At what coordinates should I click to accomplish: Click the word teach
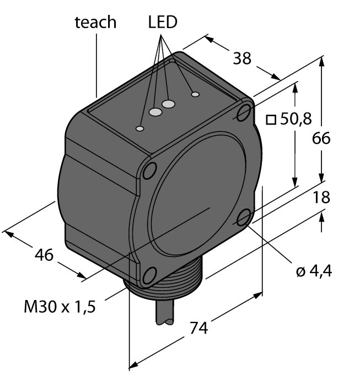pos(95,22)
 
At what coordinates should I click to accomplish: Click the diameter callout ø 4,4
pos(314,271)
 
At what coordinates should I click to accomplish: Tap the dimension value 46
pos(44,255)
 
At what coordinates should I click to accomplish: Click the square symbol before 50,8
pos(270,119)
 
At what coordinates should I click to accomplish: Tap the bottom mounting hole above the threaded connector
pos(147,275)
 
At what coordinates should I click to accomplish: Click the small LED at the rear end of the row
pos(195,94)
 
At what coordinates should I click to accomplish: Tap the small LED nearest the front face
pos(140,129)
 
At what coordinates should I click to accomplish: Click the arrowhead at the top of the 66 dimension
pos(322,61)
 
